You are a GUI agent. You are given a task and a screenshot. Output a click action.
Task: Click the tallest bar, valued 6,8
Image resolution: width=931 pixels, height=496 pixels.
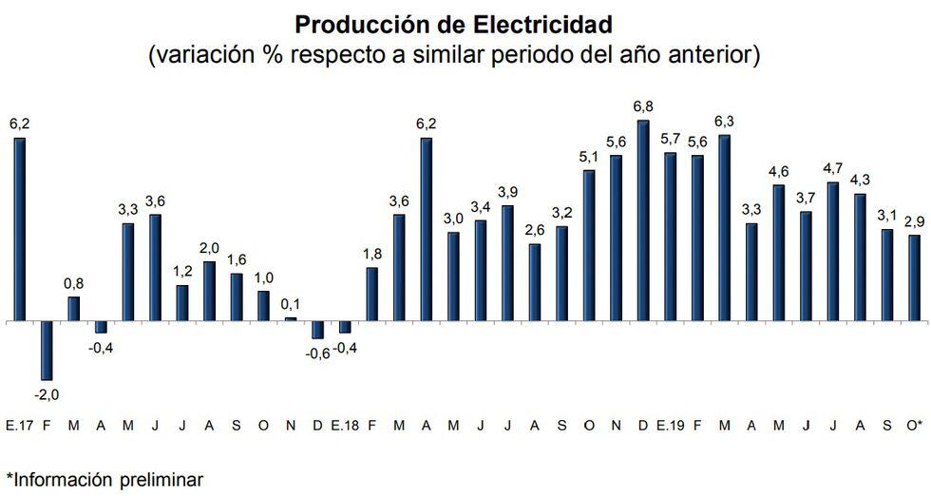click(643, 221)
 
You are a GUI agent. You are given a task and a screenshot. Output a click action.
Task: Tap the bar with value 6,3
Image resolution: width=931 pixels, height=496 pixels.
click(725, 228)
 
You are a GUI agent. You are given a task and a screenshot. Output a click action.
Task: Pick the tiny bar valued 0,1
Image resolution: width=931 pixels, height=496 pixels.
click(290, 319)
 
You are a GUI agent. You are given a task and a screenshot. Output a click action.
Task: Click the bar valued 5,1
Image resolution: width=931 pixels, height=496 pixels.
click(589, 245)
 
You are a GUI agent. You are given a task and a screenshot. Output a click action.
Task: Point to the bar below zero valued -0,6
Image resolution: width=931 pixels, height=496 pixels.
click(317, 330)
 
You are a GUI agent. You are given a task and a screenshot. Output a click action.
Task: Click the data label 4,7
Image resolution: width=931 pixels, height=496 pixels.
click(833, 169)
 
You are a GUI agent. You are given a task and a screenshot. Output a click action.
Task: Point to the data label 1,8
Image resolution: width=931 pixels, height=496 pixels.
click(371, 254)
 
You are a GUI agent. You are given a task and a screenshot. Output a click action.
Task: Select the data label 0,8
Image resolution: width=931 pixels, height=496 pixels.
click(73, 283)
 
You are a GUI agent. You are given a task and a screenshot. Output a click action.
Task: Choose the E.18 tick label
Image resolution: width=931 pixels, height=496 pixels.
click(344, 425)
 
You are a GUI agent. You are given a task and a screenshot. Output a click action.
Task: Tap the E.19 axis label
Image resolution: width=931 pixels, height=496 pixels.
click(670, 425)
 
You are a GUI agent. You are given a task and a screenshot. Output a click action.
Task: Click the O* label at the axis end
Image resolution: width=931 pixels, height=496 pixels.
click(914, 425)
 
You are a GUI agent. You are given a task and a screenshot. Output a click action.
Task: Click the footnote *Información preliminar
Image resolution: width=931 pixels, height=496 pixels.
click(104, 478)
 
